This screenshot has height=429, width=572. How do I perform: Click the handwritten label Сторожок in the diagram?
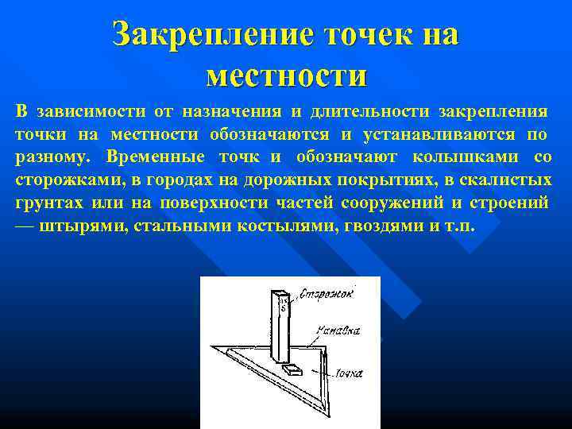[x=327, y=296]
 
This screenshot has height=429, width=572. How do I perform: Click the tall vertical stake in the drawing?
[x=281, y=326]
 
